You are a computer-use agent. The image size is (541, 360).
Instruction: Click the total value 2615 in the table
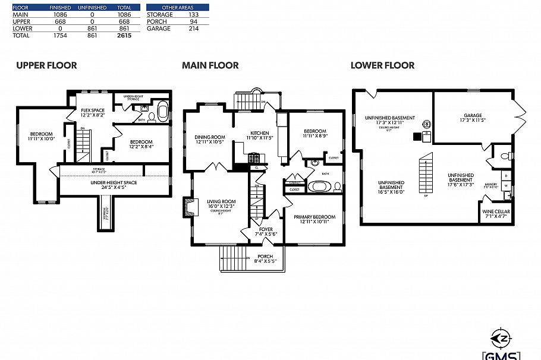124,36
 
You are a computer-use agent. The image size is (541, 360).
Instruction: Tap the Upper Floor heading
46,65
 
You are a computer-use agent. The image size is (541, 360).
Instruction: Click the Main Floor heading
210,65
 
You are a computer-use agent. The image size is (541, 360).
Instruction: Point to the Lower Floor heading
382,65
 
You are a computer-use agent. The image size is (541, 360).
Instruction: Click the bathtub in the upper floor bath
162,112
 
